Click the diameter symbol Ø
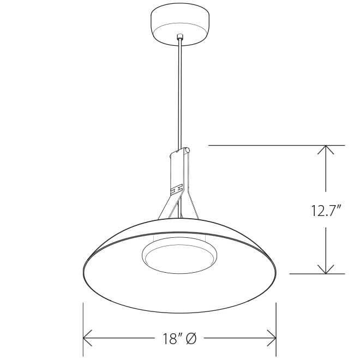190,339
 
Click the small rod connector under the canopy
179,37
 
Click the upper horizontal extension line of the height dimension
273,146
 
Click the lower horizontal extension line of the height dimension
316,273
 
